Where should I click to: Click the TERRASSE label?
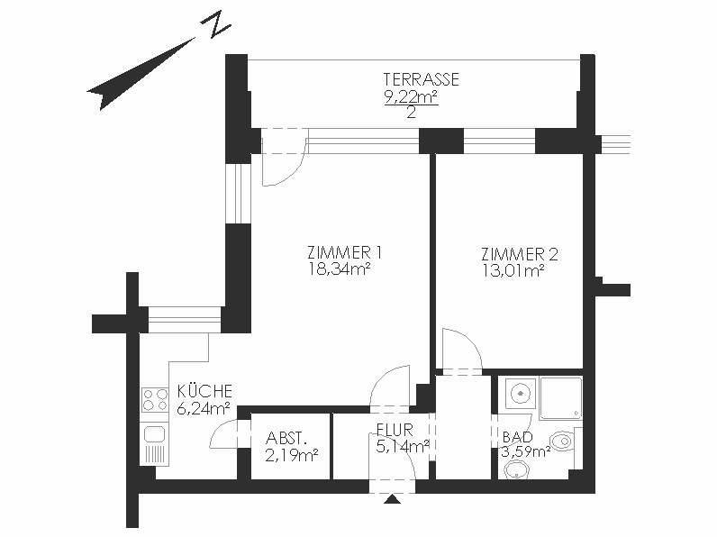tap(421, 79)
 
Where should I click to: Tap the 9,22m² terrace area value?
tap(411, 96)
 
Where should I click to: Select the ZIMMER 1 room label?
tap(344, 252)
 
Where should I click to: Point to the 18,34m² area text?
tap(339, 269)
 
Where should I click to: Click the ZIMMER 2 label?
tap(520, 254)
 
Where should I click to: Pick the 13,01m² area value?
tap(513, 271)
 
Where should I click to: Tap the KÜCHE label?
tap(204, 391)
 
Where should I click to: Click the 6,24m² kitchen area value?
tap(203, 408)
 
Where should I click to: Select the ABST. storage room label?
tap(286, 438)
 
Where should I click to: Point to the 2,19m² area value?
tap(291, 455)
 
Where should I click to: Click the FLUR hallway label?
tap(395, 430)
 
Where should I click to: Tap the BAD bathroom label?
tap(518, 437)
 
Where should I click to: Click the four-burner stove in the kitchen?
tap(155, 399)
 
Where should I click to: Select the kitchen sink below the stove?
tap(155, 434)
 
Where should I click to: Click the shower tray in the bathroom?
tap(560, 398)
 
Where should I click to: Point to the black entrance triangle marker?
tap(392, 499)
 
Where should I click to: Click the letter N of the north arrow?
tap(215, 23)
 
